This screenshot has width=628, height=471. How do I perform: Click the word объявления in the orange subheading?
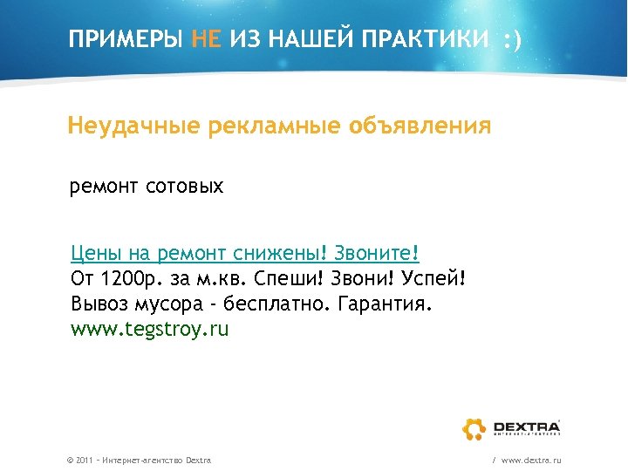(x=420, y=126)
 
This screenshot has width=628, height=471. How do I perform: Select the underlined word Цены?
(x=97, y=254)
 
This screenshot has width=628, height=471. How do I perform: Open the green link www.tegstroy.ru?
(x=149, y=330)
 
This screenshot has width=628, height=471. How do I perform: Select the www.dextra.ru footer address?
(x=531, y=460)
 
